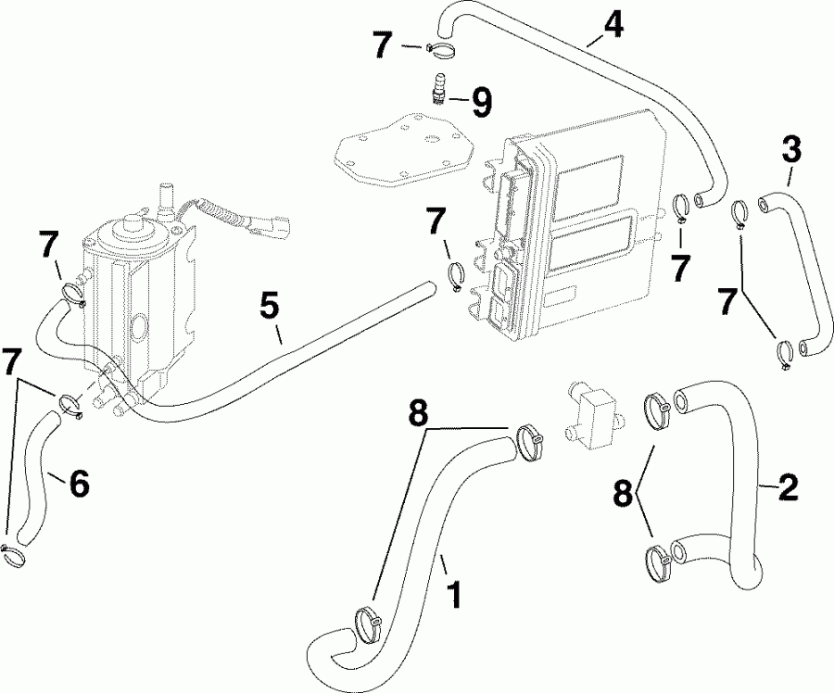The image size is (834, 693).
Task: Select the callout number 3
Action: [790, 148]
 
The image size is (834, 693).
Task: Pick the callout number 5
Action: [269, 307]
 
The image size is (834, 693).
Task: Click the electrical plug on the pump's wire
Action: [275, 225]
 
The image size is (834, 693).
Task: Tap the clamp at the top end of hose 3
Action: [739, 213]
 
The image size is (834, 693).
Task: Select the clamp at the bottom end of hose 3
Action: [784, 353]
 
